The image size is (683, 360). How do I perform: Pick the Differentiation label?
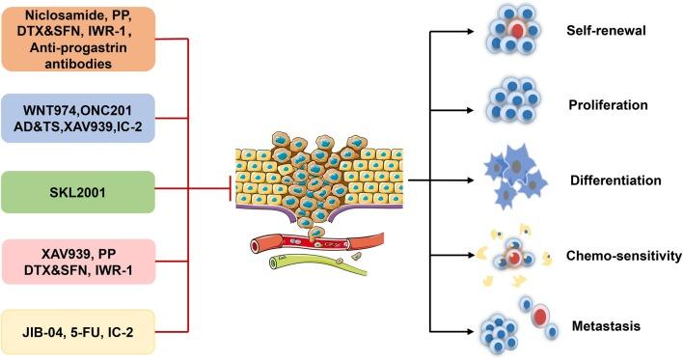pos(615,180)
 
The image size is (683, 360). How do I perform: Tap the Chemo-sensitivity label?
pos(618,258)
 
